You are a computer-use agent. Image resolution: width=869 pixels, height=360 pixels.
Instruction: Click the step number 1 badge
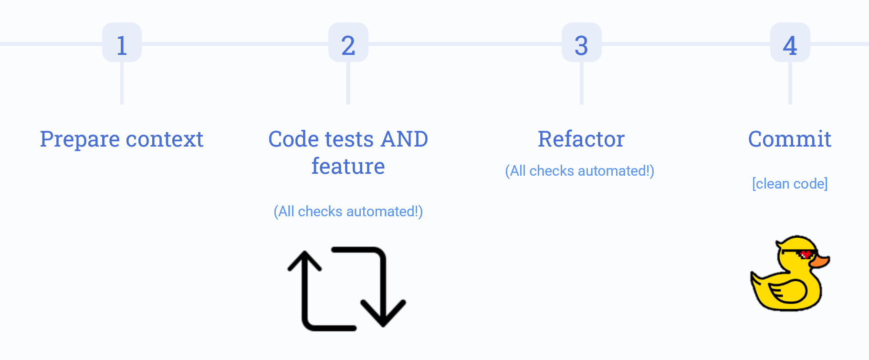click(122, 43)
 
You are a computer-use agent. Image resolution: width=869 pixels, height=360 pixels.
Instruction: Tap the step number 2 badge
click(348, 43)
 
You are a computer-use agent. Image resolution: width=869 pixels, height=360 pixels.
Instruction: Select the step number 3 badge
click(581, 43)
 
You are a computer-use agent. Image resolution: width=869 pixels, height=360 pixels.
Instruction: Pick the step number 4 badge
click(790, 43)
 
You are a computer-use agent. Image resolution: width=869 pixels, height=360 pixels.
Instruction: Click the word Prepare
click(80, 139)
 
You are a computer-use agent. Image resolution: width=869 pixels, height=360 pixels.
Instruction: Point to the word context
click(165, 139)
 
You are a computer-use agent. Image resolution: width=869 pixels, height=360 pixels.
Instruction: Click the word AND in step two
click(404, 139)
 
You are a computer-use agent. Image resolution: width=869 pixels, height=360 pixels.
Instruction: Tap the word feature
click(348, 166)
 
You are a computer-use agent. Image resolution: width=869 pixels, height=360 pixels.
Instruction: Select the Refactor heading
click(581, 139)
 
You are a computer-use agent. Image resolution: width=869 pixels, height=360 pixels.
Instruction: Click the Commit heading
click(789, 139)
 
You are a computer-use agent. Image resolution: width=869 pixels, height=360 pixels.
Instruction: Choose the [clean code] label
click(789, 184)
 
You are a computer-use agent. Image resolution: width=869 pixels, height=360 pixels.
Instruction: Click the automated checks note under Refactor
click(579, 171)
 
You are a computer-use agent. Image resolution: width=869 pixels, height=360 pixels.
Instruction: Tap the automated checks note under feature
click(348, 212)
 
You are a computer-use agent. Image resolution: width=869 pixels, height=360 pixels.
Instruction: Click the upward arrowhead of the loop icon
click(304, 260)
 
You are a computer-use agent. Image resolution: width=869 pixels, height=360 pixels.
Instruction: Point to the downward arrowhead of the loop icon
click(383, 315)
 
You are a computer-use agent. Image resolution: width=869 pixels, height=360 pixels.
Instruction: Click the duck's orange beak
click(820, 261)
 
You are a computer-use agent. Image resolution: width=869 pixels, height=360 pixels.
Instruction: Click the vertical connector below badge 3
click(581, 84)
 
